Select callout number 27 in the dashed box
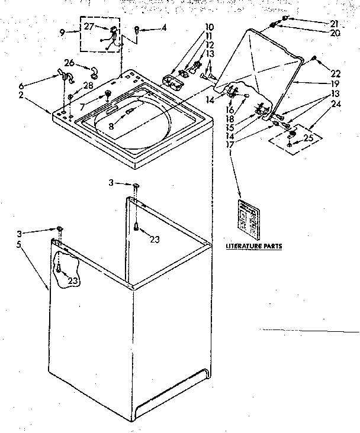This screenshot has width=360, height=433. pyautogui.click(x=88, y=26)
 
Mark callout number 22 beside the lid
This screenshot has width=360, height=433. pyautogui.click(x=336, y=73)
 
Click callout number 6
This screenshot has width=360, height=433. pyautogui.click(x=38, y=85)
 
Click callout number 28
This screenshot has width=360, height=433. pyautogui.click(x=89, y=87)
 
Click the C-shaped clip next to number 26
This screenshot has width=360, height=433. pyautogui.click(x=94, y=72)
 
